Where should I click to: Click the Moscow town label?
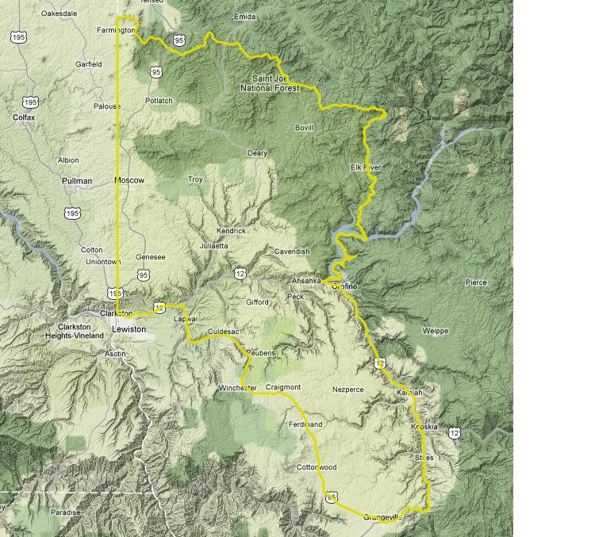tap(129, 180)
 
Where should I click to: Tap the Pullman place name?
tap(77, 181)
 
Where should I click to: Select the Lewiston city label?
tap(129, 328)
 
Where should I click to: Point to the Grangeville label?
tap(385, 517)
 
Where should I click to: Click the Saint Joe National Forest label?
tap(271, 83)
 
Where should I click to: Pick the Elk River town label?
tap(366, 167)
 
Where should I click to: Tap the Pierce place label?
tap(476, 282)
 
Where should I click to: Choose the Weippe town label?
tap(436, 331)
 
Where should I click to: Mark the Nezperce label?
tap(347, 389)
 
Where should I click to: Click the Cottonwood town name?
tap(317, 467)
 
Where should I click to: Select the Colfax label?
tap(25, 117)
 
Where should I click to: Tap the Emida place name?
tap(245, 16)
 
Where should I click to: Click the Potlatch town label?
tap(159, 101)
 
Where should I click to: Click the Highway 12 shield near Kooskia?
tap(454, 432)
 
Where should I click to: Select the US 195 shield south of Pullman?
tap(72, 213)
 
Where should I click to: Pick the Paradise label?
tap(66, 512)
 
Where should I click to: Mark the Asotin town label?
tap(114, 354)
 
